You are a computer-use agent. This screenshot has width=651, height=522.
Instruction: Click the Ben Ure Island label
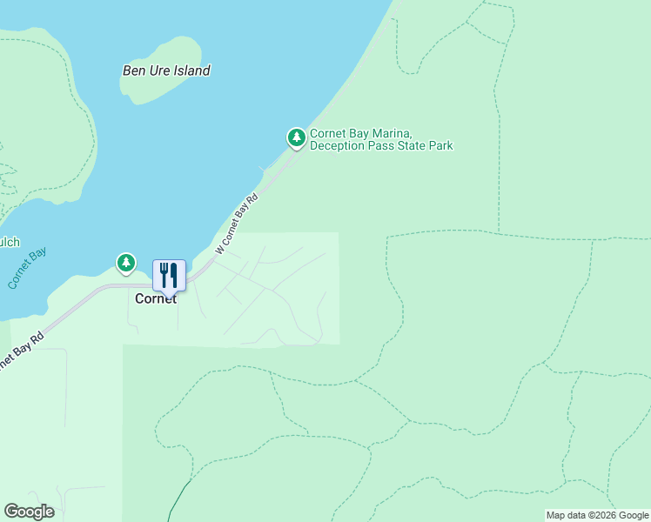[x=166, y=70]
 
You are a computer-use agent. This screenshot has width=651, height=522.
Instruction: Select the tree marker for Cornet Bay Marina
[x=297, y=137]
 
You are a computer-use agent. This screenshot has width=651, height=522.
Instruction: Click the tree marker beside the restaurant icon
[x=126, y=262]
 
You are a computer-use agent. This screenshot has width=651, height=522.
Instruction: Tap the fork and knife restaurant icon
[x=169, y=275]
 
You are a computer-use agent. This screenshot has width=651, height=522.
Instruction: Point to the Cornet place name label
[x=156, y=298]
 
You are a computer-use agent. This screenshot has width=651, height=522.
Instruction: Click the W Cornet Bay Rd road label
[x=237, y=224]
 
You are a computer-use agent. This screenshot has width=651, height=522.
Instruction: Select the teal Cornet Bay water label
[x=26, y=269]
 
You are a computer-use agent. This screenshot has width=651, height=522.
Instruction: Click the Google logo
[x=29, y=512]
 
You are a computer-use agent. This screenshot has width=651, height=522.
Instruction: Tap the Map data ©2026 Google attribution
[x=596, y=515]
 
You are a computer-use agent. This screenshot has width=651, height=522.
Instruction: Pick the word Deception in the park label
[x=339, y=146]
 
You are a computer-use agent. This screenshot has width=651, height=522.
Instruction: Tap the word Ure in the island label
[x=158, y=70]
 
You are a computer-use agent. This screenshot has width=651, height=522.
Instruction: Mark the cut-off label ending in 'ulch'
[x=9, y=243]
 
